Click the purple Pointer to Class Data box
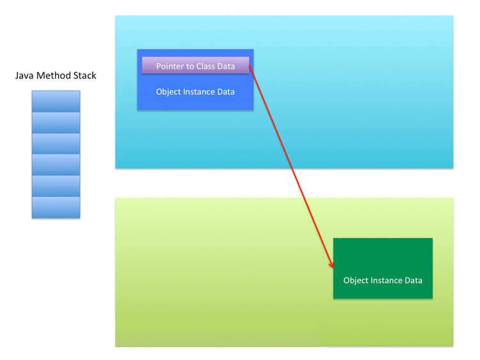(196, 65)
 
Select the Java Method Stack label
(56, 75)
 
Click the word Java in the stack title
(24, 75)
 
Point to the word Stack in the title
(84, 75)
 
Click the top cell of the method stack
(56, 101)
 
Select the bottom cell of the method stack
(56, 207)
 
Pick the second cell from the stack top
(56, 122)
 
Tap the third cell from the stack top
(56, 144)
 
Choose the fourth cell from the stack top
(56, 165)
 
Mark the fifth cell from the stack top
(56, 186)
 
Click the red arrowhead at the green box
(332, 265)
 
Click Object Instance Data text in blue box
(195, 92)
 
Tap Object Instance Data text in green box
(383, 281)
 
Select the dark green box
(383, 268)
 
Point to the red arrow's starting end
(250, 65)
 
